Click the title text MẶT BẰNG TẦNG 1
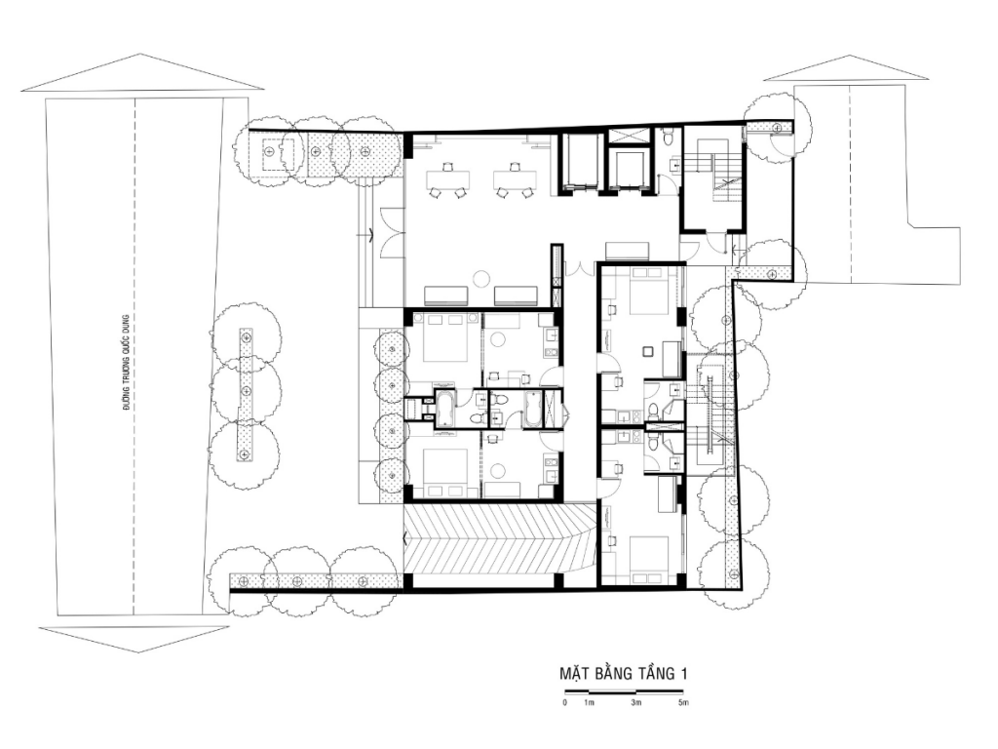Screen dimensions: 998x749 click(624, 673)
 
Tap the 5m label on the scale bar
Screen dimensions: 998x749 click(683, 703)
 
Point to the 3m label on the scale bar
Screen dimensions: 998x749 click(635, 703)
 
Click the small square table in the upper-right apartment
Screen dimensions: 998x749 click(648, 351)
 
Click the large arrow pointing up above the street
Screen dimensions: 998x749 click(142, 72)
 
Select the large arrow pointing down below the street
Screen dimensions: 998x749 click(134, 639)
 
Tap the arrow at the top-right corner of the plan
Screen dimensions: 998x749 click(846, 68)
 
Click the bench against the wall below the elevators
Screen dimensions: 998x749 click(627, 251)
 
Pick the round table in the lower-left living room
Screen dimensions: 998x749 click(498, 471)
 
